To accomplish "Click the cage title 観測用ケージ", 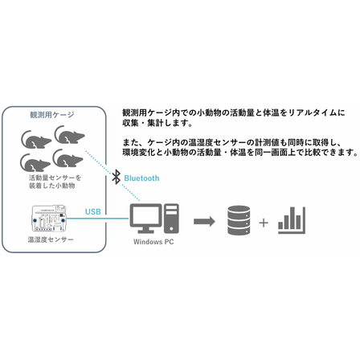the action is (x=52, y=115).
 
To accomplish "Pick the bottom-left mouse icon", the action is (x=35, y=163).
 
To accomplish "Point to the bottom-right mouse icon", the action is (x=67, y=158).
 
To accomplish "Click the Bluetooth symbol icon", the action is (x=116, y=177).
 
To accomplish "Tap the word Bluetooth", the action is (x=141, y=178).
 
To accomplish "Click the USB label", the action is (x=93, y=211).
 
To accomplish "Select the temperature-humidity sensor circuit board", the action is (x=49, y=219).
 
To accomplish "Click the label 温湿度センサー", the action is (x=51, y=239).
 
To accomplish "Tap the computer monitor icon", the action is (x=145, y=219).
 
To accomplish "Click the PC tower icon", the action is (x=171, y=219).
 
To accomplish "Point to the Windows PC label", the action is (x=153, y=242).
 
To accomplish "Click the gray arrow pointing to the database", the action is (x=204, y=221).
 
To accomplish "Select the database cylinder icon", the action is (x=239, y=220).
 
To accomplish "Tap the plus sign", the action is (x=264, y=223).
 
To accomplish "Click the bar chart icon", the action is (x=292, y=220).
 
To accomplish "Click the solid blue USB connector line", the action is (x=97, y=219).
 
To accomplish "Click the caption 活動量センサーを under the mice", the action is (x=55, y=178).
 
